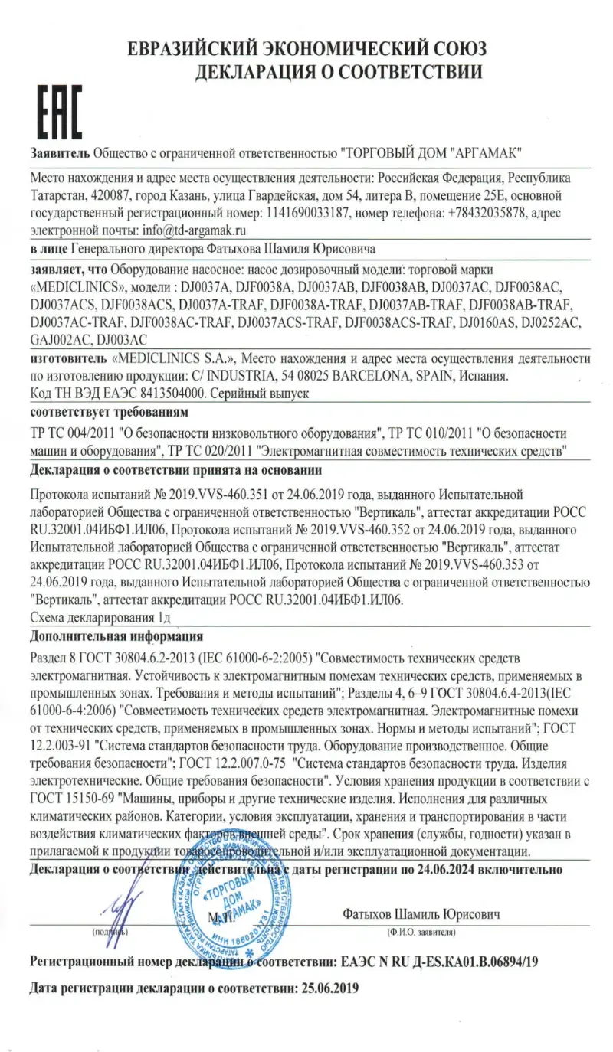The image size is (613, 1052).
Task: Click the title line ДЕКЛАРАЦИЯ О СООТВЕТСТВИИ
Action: [x=339, y=73]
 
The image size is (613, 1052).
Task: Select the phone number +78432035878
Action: [x=487, y=213]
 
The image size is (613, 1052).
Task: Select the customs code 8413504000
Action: [x=176, y=394]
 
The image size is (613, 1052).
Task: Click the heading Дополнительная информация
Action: [x=116, y=635]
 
